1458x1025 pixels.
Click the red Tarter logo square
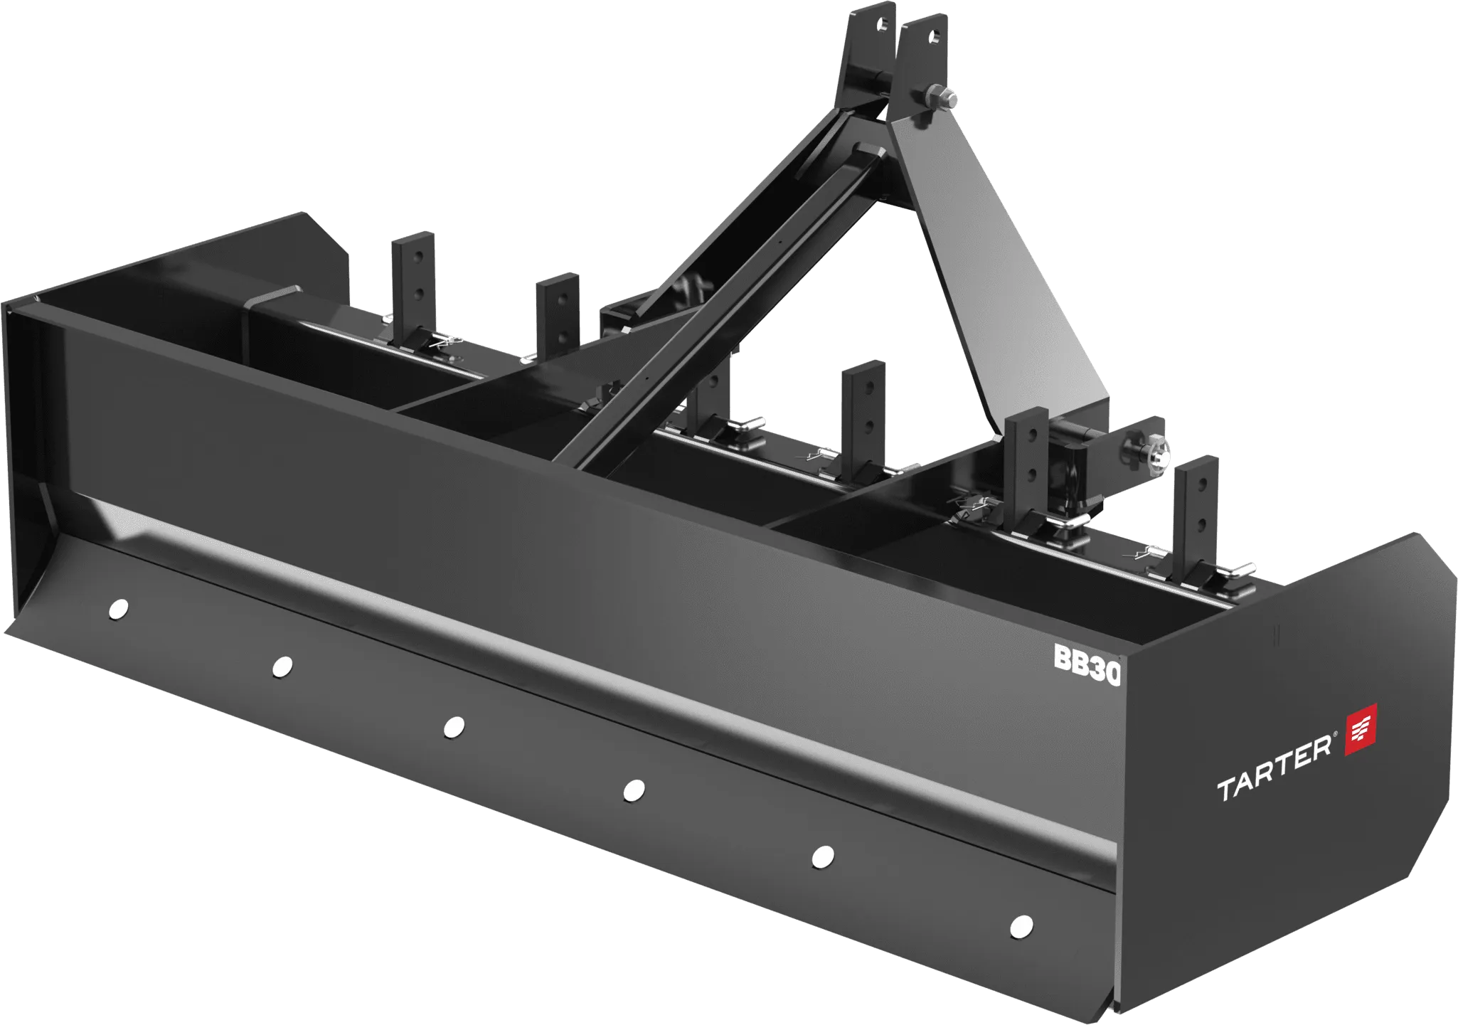(x=1361, y=730)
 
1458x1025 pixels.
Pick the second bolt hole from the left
(x=282, y=666)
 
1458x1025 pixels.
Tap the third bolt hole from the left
(x=453, y=727)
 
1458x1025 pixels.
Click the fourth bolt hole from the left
(x=633, y=790)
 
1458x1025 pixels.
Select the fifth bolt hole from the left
(x=822, y=856)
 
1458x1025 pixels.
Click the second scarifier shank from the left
(x=556, y=313)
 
